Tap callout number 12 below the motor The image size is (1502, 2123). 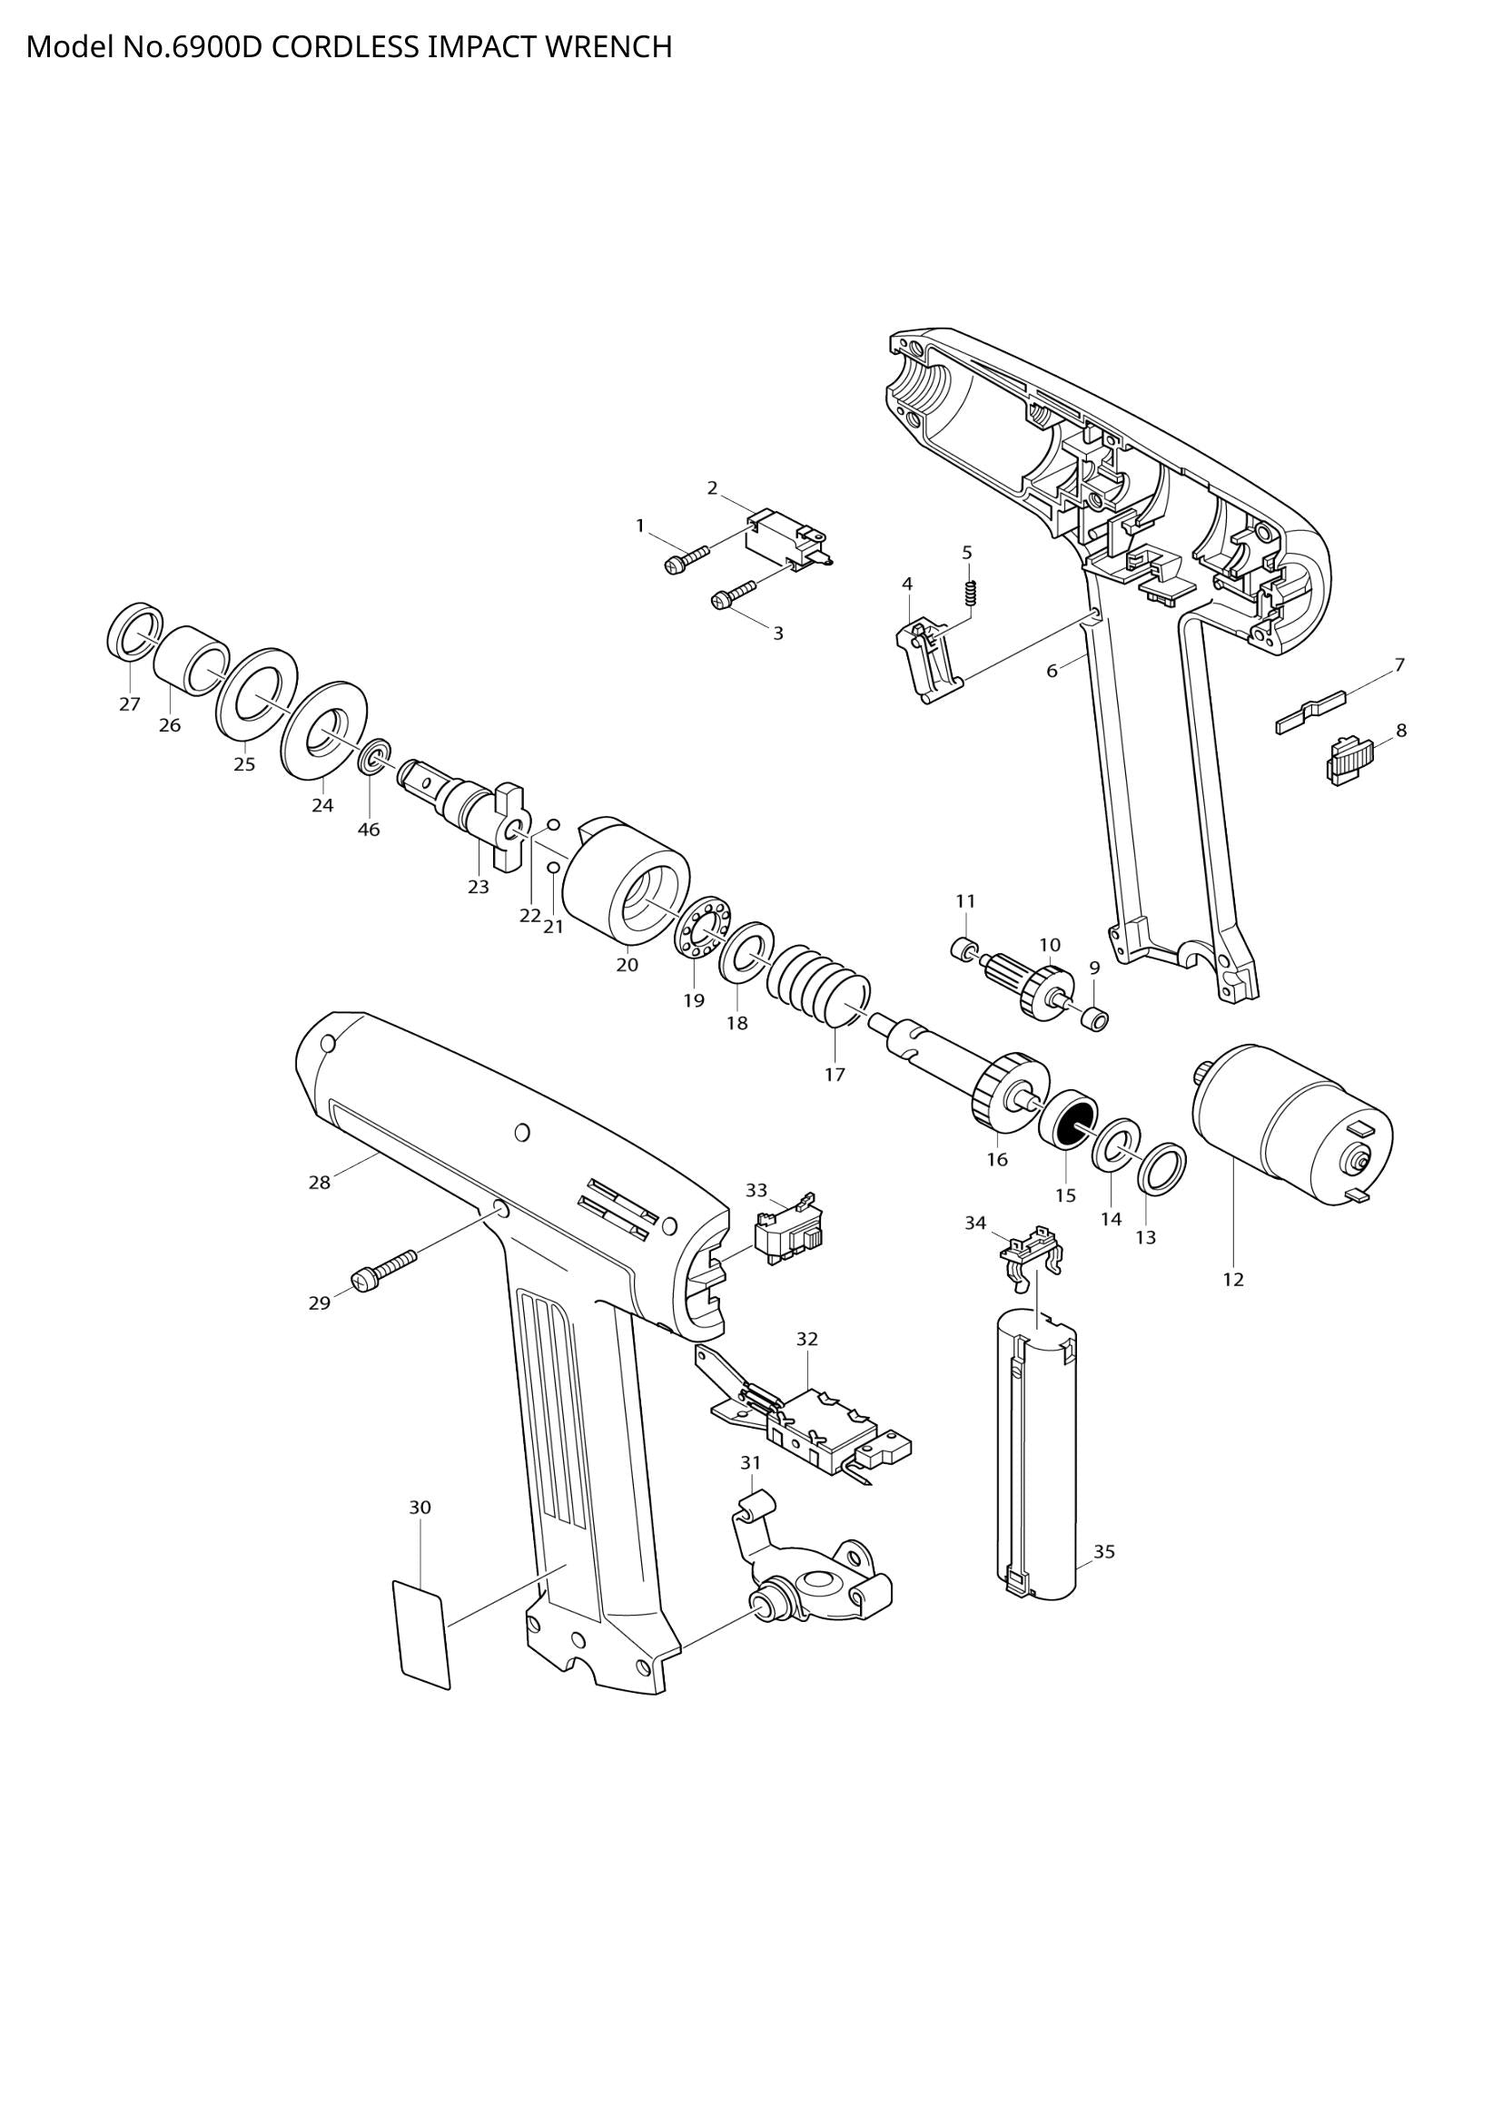tap(1233, 1280)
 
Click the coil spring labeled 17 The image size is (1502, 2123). tap(818, 987)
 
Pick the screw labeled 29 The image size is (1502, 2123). tap(385, 1268)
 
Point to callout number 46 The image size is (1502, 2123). tap(368, 830)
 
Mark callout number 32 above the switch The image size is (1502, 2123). tap(806, 1339)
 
